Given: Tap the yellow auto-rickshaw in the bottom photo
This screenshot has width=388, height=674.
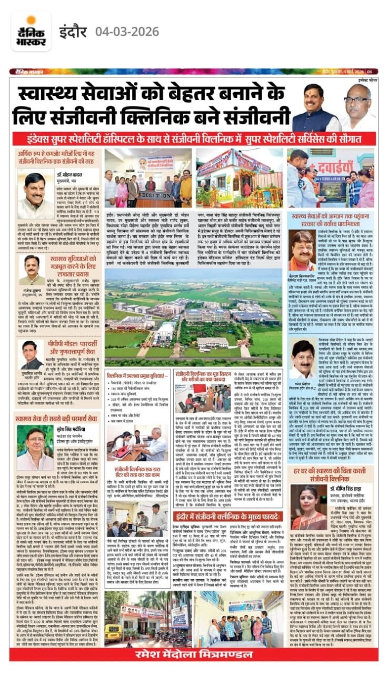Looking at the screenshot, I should (x=113, y=631).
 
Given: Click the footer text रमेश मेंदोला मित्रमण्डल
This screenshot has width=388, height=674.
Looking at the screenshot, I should (x=194, y=654).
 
